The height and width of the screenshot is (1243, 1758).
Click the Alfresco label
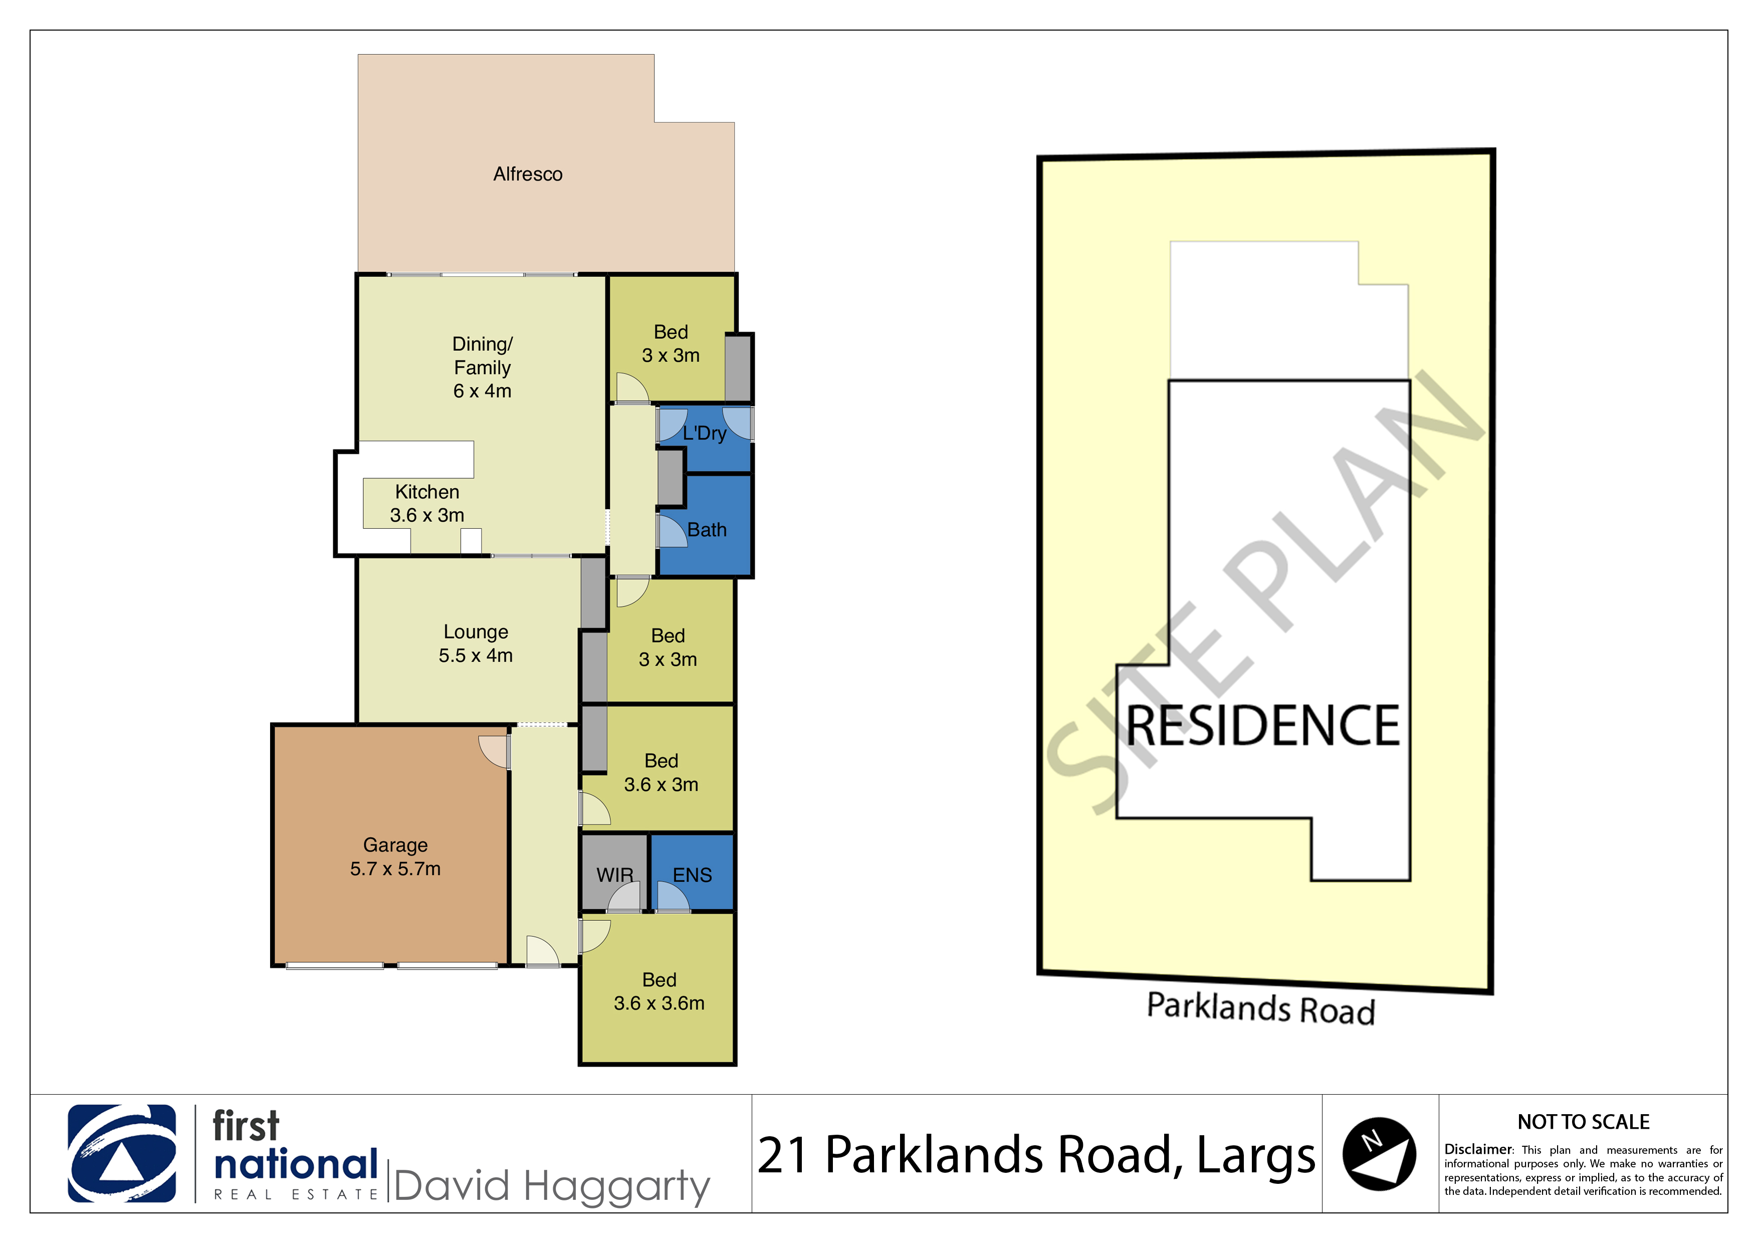click(528, 174)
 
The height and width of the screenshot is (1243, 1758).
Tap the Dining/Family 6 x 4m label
click(483, 367)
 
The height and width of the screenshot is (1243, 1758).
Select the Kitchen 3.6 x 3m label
click(427, 503)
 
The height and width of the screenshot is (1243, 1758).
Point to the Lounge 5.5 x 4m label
click(476, 644)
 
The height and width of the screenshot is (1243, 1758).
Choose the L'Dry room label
click(705, 434)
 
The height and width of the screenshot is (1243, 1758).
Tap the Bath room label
click(707, 529)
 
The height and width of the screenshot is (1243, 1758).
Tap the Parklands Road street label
click(1261, 1008)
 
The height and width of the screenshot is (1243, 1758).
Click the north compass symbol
click(1379, 1153)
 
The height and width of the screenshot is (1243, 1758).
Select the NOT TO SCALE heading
click(1584, 1122)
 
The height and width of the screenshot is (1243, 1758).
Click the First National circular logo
click(122, 1153)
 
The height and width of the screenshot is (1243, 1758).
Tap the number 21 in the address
click(782, 1155)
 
